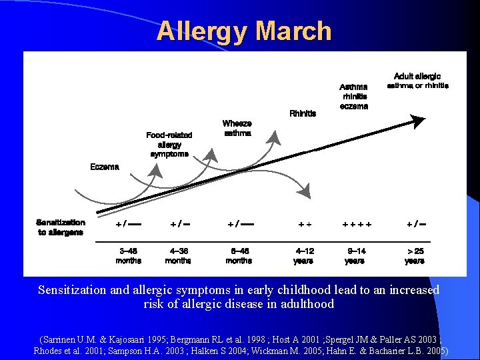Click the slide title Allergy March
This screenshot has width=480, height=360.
[244, 31]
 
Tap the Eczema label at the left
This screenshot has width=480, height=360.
[105, 167]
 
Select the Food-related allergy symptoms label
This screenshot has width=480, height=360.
[169, 144]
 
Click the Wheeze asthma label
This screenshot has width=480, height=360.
[237, 128]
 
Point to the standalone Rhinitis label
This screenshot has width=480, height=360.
[303, 113]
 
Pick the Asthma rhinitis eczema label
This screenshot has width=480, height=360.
[353, 96]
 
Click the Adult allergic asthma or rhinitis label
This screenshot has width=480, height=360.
[417, 81]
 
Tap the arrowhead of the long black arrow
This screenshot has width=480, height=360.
[418, 121]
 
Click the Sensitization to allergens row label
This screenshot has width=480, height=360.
[61, 227]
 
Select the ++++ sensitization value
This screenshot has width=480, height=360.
[357, 225]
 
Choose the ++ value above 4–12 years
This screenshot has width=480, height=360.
[304, 225]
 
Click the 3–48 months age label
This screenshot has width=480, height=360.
[128, 256]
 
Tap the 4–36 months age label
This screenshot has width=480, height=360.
[178, 256]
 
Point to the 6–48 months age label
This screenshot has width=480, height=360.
[239, 256]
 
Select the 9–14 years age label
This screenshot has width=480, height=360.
[356, 256]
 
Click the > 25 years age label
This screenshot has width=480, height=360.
[415, 256]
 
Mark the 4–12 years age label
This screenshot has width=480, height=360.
[304, 256]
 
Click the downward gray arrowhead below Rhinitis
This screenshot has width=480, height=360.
[305, 192]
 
